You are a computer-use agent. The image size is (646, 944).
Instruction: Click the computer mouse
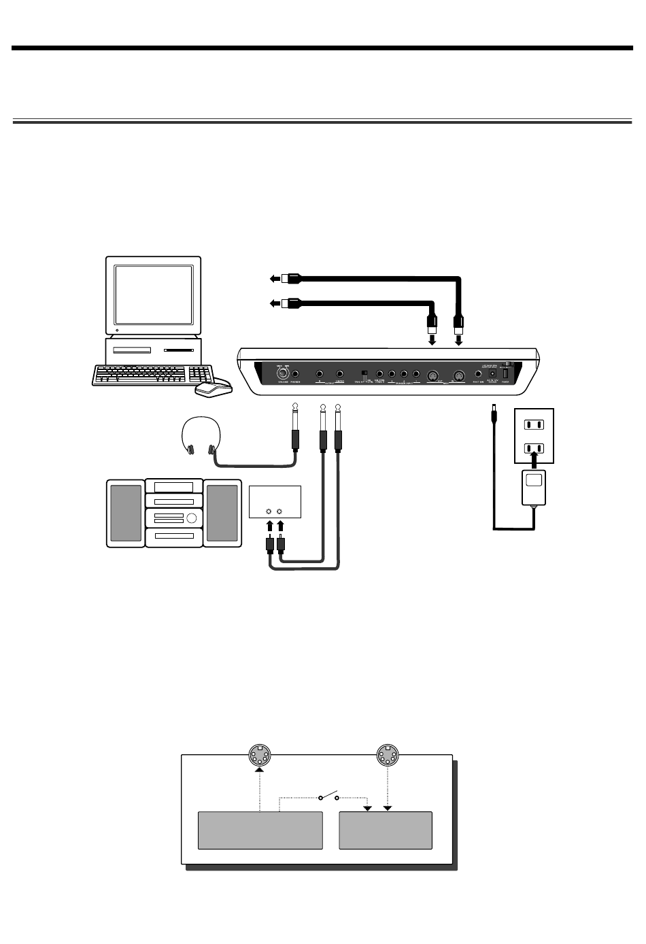point(213,388)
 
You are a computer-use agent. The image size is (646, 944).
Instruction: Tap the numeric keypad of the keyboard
point(200,375)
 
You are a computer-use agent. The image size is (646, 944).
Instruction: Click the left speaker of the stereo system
point(126,513)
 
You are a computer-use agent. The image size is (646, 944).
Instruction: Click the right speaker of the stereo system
point(222,513)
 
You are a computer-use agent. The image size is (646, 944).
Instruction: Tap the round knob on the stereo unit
point(192,519)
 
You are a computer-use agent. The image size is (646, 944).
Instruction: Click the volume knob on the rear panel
point(280,373)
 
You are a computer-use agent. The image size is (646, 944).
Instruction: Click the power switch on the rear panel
point(506,373)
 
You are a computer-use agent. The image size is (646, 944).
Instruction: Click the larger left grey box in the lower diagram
point(260,830)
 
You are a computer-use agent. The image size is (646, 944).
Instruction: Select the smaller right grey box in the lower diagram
point(386,830)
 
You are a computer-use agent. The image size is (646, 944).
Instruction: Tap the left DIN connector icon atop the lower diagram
point(259,756)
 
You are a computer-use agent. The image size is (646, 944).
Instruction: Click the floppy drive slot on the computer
point(132,351)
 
